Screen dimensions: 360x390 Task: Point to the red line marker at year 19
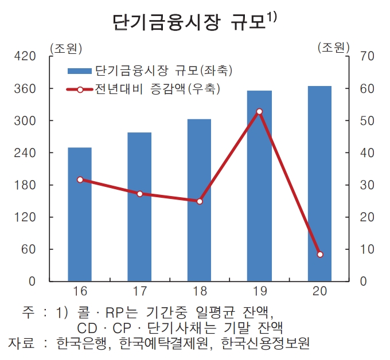[259, 112]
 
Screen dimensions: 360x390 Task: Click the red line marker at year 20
[319, 254]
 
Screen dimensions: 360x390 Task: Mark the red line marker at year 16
[80, 179]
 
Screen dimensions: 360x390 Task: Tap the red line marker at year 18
[199, 201]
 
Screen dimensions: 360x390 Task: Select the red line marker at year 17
[139, 194]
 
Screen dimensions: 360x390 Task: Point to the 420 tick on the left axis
[28, 56]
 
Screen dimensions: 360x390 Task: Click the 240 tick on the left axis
[28, 153]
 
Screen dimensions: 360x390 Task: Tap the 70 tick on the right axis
[367, 56]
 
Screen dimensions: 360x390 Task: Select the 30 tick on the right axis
[367, 185]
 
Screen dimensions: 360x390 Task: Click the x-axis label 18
[199, 291]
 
